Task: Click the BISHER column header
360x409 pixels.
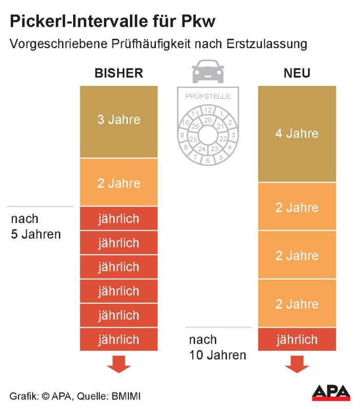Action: [x=119, y=73]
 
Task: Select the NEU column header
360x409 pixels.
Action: [x=297, y=73]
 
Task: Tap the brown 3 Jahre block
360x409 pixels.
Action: [x=119, y=121]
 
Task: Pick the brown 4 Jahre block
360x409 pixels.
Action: [x=297, y=133]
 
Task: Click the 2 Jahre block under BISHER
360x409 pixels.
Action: [x=119, y=183]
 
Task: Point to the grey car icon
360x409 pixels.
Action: [x=208, y=72]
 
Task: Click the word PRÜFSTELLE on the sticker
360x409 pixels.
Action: [x=208, y=96]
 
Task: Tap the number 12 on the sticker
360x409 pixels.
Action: [x=208, y=110]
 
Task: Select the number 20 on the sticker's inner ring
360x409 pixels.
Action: [x=208, y=120]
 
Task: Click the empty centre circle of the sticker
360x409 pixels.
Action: [x=208, y=135]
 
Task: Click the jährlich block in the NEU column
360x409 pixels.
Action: [x=297, y=339]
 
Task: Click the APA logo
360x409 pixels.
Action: [x=331, y=392]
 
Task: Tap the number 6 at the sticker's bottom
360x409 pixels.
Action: [x=208, y=160]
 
